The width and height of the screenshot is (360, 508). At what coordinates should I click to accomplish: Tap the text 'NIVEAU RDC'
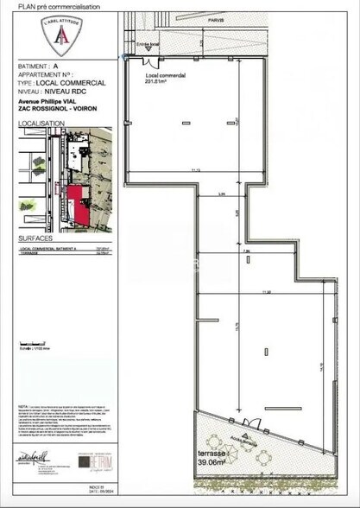tap(85, 90)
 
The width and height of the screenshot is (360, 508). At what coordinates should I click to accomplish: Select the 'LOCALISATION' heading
tap(41, 123)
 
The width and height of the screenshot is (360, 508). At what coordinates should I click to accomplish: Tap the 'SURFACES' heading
tap(35, 237)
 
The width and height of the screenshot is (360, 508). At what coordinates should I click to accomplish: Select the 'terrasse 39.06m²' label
tap(212, 459)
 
